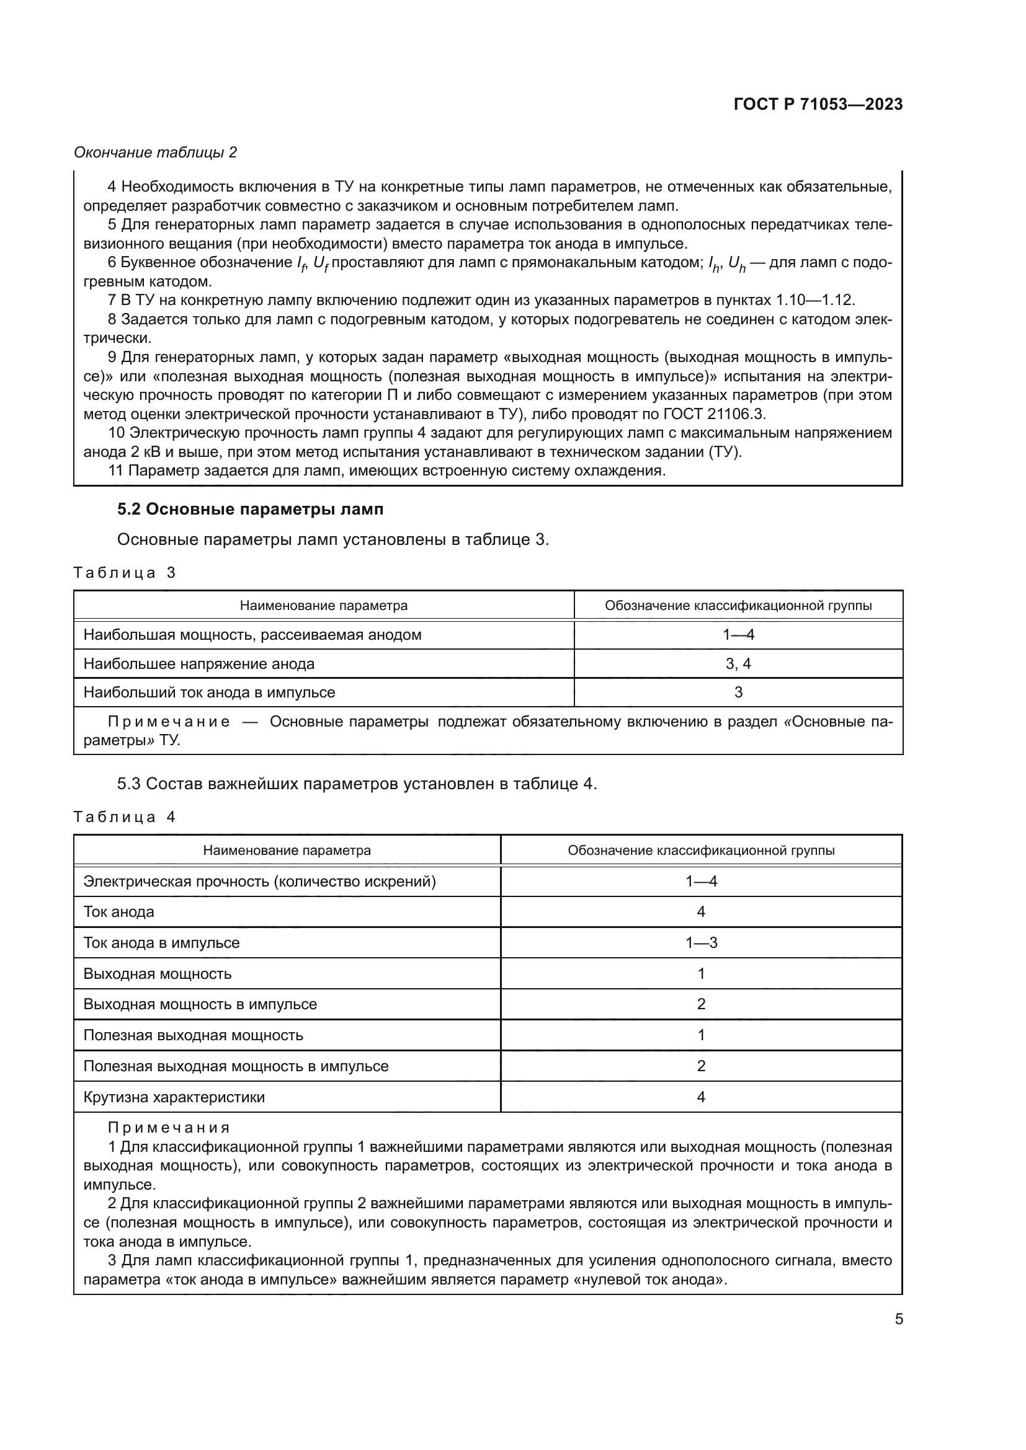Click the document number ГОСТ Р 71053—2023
[x=818, y=104]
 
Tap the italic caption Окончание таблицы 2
[x=156, y=153]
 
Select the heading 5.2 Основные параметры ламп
[x=250, y=509]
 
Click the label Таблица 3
[x=125, y=573]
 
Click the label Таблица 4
[x=125, y=816]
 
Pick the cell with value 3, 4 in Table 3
[x=738, y=664]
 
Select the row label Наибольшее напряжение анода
[x=199, y=664]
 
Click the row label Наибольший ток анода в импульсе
[x=209, y=692]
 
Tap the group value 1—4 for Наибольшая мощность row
[x=738, y=635]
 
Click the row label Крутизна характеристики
[x=174, y=1097]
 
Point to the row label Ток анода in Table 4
[x=118, y=912]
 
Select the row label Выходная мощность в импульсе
[x=200, y=1004]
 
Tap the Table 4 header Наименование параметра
[x=287, y=851]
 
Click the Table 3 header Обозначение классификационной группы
[x=738, y=606]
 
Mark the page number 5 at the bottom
[x=898, y=1319]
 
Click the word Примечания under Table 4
[x=169, y=1128]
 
